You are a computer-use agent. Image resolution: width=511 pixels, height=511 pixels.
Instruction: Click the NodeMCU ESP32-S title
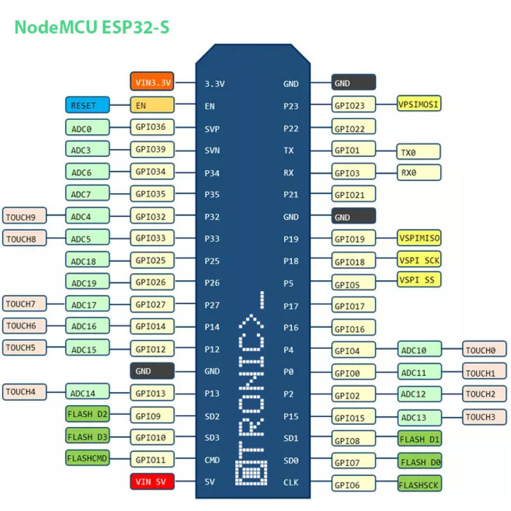point(92,28)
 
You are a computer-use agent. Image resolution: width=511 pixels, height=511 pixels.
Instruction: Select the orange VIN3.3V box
point(152,82)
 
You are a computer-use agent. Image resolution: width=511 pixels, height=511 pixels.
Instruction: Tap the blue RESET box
point(86,105)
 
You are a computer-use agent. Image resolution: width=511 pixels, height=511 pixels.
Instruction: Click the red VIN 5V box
point(152,481)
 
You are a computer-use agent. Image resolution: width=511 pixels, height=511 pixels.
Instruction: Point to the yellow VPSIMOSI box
point(419,104)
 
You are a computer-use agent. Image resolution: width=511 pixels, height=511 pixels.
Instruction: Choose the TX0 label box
point(419,152)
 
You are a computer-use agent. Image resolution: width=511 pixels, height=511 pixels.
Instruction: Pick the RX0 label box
point(419,173)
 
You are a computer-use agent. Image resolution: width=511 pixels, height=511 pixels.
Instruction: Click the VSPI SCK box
point(419,260)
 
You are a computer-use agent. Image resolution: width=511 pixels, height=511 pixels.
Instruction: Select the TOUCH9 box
point(25,217)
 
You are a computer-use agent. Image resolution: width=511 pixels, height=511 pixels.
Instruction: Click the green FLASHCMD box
point(86,458)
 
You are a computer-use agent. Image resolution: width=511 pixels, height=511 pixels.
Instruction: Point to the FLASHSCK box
point(419,483)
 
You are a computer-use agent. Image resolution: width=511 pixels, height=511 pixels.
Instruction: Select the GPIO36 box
point(152,127)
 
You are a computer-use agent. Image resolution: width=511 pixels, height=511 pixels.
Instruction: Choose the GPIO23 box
point(354,106)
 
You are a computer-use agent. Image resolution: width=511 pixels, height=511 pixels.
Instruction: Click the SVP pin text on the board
point(212,128)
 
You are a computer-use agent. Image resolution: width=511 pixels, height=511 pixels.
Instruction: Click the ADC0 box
point(86,128)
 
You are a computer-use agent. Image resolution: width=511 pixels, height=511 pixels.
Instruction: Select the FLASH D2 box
point(86,415)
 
